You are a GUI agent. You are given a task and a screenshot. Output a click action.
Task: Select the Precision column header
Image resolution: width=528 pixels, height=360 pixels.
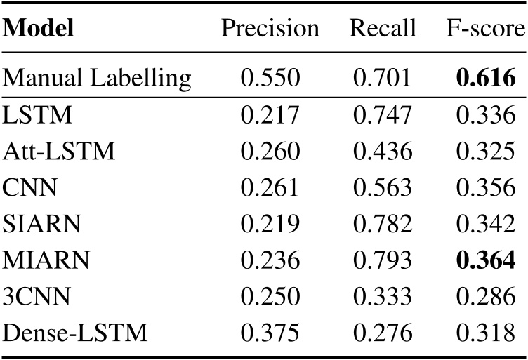click(x=270, y=30)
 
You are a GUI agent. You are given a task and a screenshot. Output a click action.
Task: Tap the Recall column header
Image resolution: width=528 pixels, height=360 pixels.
click(x=383, y=30)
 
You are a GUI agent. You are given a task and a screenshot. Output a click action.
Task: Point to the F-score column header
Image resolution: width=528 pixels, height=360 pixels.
click(x=486, y=30)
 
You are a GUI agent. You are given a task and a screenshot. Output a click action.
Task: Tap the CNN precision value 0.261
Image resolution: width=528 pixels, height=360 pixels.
click(x=270, y=188)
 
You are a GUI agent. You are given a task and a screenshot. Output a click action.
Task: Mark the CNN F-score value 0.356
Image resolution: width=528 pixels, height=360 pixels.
click(x=486, y=188)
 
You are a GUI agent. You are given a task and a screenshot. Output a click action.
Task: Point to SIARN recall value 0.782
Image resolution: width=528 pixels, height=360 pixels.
click(x=383, y=224)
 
